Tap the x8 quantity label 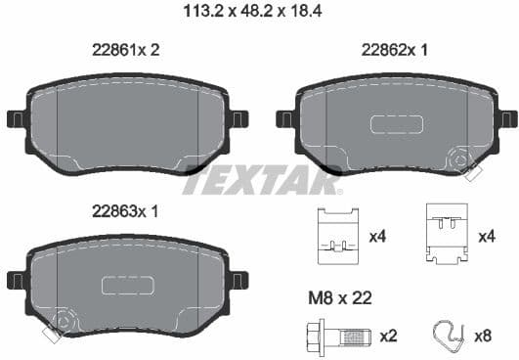[483, 337]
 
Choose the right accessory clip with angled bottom [447, 236]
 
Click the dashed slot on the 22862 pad [397, 123]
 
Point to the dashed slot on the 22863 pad [128, 285]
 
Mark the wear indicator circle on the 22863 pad [65, 319]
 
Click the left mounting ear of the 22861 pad [17, 118]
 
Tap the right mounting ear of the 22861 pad [238, 118]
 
